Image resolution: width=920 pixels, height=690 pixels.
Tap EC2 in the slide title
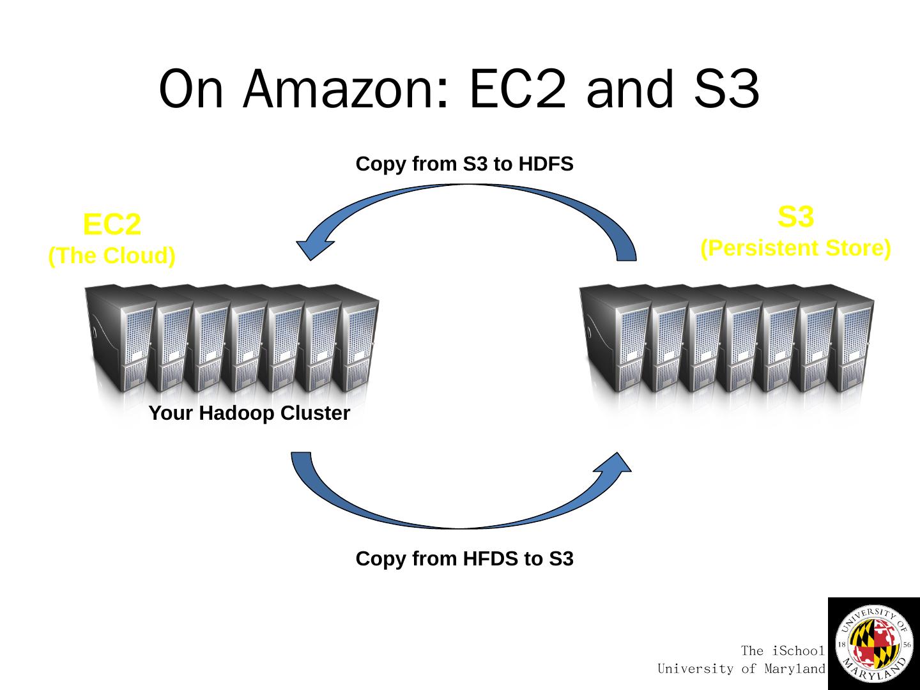517,89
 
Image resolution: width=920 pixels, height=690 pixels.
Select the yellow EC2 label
112,224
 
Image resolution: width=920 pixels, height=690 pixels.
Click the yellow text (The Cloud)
112,256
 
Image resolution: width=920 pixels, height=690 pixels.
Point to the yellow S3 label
795,217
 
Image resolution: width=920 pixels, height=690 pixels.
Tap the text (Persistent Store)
795,248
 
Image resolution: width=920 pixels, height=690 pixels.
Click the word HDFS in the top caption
546,164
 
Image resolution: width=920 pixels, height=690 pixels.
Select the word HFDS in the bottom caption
491,559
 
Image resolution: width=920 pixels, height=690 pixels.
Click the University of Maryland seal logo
874,644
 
